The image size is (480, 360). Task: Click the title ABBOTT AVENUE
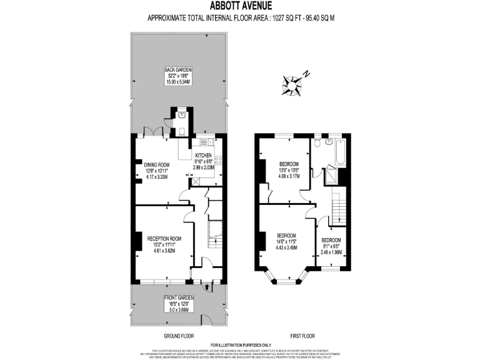pos(241,6)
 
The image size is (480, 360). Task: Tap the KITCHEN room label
pos(204,155)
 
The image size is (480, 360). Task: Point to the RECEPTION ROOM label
pos(164,238)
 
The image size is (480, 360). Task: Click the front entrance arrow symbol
pos(207,286)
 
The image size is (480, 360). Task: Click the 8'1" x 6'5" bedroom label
pos(331,240)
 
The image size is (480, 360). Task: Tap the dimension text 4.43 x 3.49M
pos(287,247)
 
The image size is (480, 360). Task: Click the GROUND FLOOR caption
pos(177,336)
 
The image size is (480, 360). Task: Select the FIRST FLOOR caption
pos(302,336)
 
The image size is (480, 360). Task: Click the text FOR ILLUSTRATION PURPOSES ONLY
pos(241,345)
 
